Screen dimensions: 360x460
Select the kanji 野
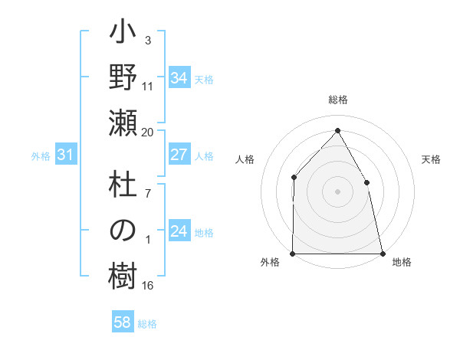pyautogui.click(x=123, y=78)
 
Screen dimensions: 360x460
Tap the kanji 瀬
pyautogui.click(x=123, y=122)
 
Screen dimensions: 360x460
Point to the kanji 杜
pyautogui.click(x=123, y=187)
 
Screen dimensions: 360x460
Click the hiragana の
pyautogui.click(x=123, y=231)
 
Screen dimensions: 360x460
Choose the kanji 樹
pyautogui.click(x=123, y=276)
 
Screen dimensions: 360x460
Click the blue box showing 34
pyautogui.click(x=179, y=78)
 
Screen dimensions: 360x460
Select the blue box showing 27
pyautogui.click(x=179, y=155)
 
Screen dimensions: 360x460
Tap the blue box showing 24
pyautogui.click(x=179, y=232)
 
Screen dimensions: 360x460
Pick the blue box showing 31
pyautogui.click(x=66, y=155)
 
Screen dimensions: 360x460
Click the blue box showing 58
pyautogui.click(x=123, y=322)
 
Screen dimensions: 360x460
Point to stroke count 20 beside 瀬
pyautogui.click(x=148, y=133)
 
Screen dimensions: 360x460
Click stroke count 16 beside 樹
pyautogui.click(x=148, y=286)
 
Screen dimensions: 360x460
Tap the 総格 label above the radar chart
pyautogui.click(x=337, y=100)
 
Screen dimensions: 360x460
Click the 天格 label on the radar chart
pyautogui.click(x=432, y=159)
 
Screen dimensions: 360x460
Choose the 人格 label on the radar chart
pyautogui.click(x=245, y=159)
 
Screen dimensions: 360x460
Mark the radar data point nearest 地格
pyautogui.click(x=382, y=253)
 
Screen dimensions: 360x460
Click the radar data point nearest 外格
pyautogui.click(x=293, y=253)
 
